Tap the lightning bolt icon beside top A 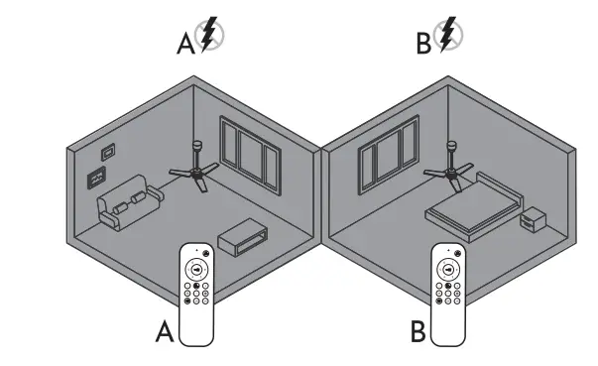pos(208,36)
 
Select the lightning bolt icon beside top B pos(449,36)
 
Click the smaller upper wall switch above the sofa pos(108,154)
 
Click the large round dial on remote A pos(196,269)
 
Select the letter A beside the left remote pos(165,332)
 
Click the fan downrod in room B pos(451,155)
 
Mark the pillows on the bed pos(496,188)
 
